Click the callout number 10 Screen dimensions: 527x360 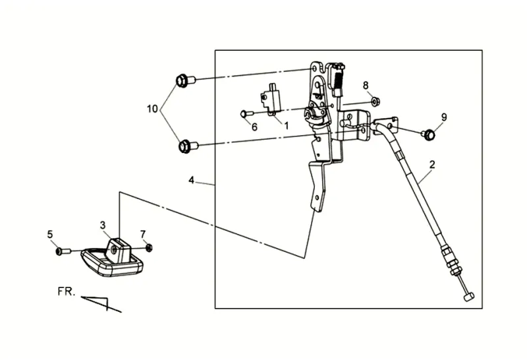[x=152, y=109]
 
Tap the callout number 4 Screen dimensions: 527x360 [x=191, y=181]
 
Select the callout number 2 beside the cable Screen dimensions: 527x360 [x=432, y=165]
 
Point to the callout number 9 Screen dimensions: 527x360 [x=444, y=117]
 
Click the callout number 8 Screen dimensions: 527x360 [x=366, y=86]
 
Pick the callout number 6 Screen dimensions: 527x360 [x=254, y=127]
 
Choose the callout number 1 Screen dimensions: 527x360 [x=287, y=126]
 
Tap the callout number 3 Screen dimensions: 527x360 [x=103, y=225]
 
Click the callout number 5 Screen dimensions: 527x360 [x=50, y=234]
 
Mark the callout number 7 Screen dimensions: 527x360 [x=143, y=234]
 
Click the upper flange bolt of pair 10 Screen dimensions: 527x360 [x=186, y=80]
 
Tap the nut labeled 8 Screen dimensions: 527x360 [x=375, y=101]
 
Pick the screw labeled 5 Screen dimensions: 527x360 [x=63, y=251]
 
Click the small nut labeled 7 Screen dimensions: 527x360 [x=149, y=248]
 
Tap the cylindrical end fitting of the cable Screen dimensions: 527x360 [x=469, y=297]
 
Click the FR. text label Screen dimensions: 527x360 [x=66, y=291]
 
